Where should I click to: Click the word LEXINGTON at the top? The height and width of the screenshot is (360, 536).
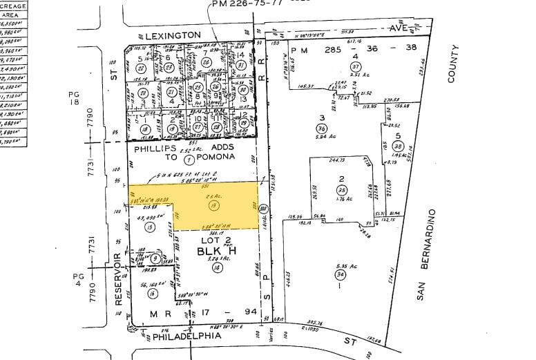coord(173,35)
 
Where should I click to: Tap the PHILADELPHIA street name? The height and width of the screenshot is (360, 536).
coord(186,336)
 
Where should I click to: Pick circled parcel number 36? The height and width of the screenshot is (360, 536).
coord(321,129)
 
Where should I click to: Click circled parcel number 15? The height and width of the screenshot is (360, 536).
coord(149,227)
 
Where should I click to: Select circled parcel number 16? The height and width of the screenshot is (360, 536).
coord(152,293)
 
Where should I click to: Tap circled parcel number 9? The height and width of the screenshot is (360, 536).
coord(155,258)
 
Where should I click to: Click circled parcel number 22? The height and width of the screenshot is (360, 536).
coord(140,68)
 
